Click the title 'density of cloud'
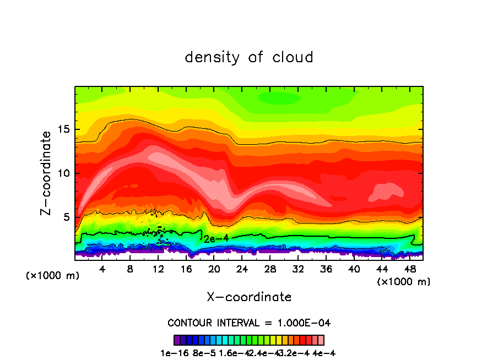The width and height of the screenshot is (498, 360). point(249,57)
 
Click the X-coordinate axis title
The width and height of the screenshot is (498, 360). point(249,297)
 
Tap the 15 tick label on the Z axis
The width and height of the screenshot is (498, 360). point(63,130)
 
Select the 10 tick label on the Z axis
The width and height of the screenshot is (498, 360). point(63,173)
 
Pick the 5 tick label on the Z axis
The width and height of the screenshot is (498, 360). point(67,217)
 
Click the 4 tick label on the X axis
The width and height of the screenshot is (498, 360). point(102,269)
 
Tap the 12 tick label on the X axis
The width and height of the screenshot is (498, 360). point(158,269)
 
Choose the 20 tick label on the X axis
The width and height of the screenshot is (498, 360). point(214,269)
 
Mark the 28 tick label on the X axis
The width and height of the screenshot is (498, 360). point(270,269)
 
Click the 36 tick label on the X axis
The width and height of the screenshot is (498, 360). point(326,269)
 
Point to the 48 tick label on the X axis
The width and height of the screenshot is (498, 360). point(409,269)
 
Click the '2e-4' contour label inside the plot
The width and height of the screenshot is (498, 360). point(215,238)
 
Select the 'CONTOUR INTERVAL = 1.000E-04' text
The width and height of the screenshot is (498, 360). point(249,322)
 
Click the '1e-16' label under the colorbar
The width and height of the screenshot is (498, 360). point(171,353)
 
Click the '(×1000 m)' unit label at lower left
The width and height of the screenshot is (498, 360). point(53,275)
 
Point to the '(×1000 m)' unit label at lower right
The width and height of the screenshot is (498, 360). point(404,281)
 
